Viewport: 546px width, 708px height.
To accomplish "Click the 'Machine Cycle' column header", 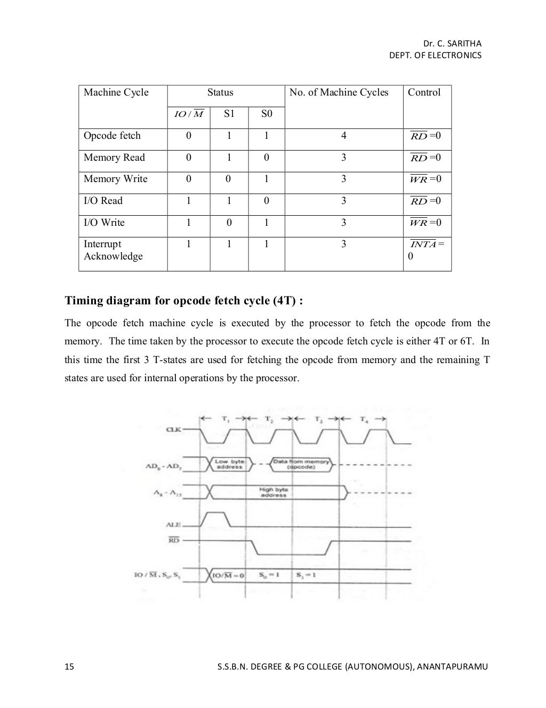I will pyautogui.click(x=116, y=92).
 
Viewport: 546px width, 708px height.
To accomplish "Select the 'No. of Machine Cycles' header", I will pyautogui.click(x=339, y=92).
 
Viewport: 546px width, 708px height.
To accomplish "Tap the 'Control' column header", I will pyautogui.click(x=424, y=92).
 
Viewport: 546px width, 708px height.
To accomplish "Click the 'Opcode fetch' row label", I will pyautogui.click(x=112, y=136).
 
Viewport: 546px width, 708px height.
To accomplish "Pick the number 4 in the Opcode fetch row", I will pyautogui.click(x=343, y=136).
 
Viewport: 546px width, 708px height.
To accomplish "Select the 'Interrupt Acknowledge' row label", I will pyautogui.click(x=113, y=250).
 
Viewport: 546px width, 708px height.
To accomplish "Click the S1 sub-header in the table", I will pyautogui.click(x=229, y=114).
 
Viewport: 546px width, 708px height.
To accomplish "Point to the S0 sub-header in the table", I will pyautogui.click(x=267, y=114).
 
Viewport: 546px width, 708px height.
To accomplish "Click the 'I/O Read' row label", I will pyautogui.click(x=103, y=201).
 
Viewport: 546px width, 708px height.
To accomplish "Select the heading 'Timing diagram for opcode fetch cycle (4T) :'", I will pyautogui.click(x=184, y=301).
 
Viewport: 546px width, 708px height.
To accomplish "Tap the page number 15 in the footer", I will pyautogui.click(x=69, y=666).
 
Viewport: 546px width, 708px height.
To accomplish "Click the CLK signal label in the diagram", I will pyautogui.click(x=173, y=430).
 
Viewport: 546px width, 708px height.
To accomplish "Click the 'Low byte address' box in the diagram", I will pyautogui.click(x=229, y=464).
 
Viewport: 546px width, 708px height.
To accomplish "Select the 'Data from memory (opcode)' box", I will pyautogui.click(x=301, y=464).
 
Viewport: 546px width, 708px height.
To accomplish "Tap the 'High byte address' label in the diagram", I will pyautogui.click(x=274, y=492).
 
